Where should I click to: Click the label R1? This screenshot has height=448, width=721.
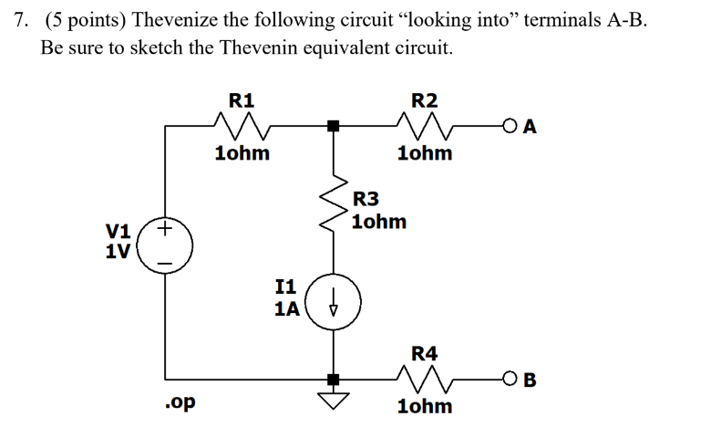(x=242, y=99)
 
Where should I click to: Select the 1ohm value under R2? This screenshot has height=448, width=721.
(x=425, y=153)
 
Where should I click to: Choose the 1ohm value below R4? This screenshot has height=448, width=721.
(x=425, y=406)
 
